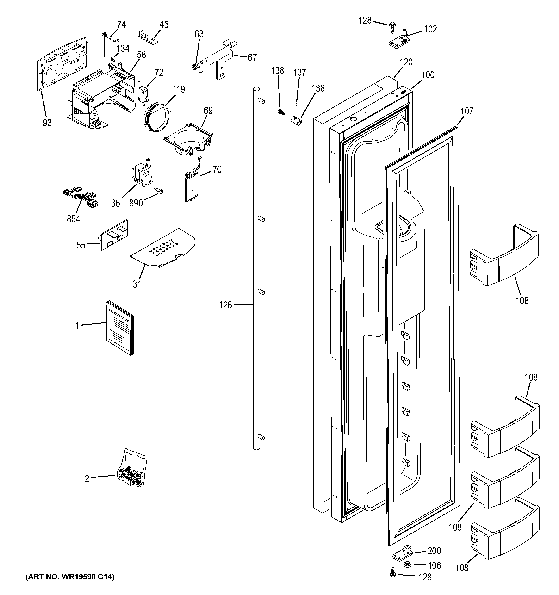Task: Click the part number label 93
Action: pyautogui.click(x=47, y=123)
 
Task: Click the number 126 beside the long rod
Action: pyautogui.click(x=225, y=305)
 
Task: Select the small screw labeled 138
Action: pyautogui.click(x=281, y=112)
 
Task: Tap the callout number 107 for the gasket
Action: pyautogui.click(x=466, y=111)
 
